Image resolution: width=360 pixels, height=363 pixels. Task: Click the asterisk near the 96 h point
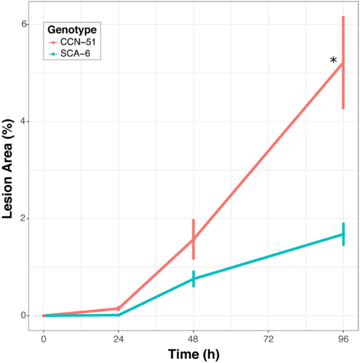point(334,61)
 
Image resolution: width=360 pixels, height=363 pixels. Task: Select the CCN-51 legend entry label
point(78,42)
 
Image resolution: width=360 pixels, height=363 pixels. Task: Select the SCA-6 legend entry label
point(77,54)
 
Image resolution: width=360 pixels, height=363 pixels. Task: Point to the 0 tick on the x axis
point(43,338)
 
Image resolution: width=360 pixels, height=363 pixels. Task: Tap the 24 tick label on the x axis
point(118,338)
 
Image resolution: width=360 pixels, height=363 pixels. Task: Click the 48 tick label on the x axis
point(193,338)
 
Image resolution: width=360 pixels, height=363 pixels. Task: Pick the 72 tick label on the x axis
point(269,338)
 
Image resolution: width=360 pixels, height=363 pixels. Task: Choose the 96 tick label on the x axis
point(344,338)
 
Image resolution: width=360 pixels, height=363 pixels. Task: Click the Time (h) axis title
point(193,354)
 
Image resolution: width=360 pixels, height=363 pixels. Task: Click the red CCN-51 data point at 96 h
point(344,63)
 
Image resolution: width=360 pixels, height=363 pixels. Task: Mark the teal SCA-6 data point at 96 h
point(344,234)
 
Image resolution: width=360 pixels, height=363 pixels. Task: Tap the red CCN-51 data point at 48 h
point(193,239)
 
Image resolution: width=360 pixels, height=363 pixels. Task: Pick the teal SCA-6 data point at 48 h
point(193,279)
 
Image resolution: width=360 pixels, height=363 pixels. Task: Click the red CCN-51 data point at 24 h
point(118,308)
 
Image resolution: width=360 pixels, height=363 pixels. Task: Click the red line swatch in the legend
point(53,42)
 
